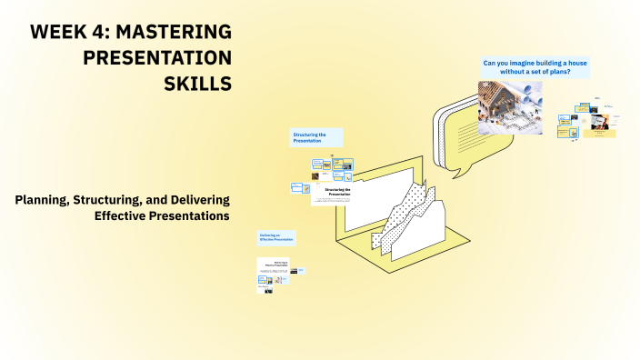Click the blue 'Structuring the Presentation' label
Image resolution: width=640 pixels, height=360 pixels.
tap(315, 137)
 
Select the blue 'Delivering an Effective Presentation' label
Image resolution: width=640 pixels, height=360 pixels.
tap(276, 237)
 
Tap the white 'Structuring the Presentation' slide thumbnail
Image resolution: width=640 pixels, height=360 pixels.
tap(338, 195)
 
